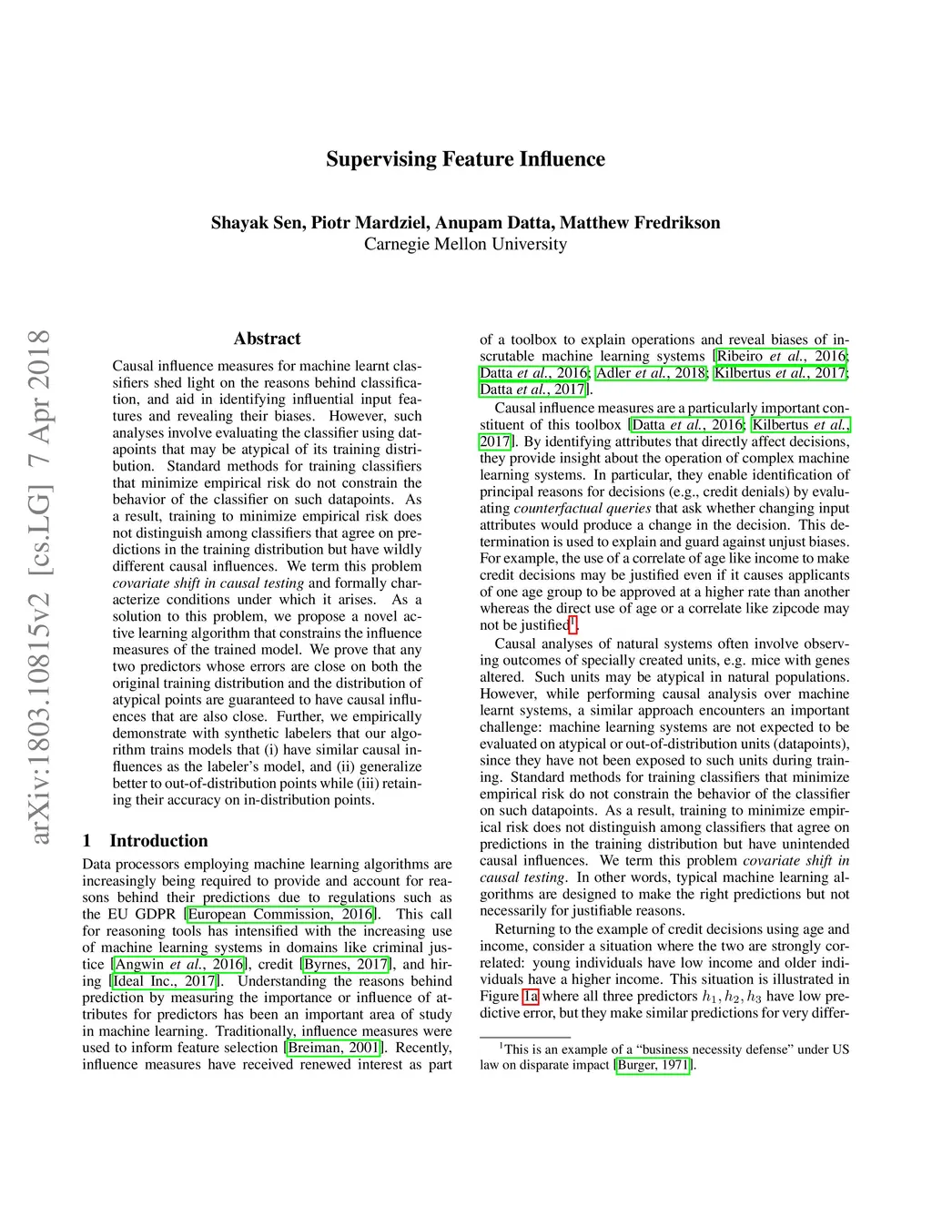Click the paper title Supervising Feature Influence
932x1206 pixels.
click(465, 159)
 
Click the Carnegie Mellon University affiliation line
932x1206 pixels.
click(465, 244)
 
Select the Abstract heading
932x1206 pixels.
click(267, 339)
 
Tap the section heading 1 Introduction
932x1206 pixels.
click(146, 840)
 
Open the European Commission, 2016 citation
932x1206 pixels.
click(280, 914)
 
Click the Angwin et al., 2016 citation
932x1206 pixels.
click(179, 964)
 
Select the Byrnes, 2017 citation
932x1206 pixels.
click(347, 964)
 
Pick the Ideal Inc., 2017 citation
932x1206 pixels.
click(164, 980)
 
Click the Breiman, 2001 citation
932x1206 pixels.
click(333, 1048)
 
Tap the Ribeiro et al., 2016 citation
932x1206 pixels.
click(782, 356)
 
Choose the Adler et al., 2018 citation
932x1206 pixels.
click(652, 372)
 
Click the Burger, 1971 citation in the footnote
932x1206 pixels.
click(653, 1065)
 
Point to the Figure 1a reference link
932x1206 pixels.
click(531, 996)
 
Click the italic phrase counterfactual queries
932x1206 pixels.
click(582, 508)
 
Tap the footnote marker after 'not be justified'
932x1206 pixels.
click(572, 623)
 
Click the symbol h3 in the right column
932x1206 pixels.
click(754, 997)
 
